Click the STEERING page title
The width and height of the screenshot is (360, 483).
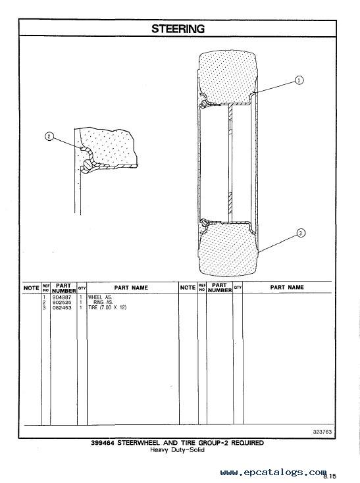coord(178,29)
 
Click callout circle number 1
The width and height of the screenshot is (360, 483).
coord(299,80)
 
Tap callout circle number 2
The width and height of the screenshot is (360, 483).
coord(49,136)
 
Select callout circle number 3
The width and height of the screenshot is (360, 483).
coord(301,233)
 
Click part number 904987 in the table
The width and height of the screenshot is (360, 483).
coord(62,297)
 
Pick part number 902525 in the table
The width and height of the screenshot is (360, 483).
coord(62,303)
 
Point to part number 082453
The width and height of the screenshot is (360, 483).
coord(62,307)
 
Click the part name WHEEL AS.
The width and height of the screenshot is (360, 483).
coord(100,297)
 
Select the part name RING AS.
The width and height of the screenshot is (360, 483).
coord(103,303)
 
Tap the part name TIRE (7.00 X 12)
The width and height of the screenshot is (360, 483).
coord(107,307)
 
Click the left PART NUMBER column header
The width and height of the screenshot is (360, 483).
coord(64,288)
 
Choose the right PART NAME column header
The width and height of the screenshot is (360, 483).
coord(287,287)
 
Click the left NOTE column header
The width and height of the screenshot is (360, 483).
coord(32,288)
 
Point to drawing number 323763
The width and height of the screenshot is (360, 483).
coord(322,432)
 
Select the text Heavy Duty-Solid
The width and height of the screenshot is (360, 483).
coord(177,449)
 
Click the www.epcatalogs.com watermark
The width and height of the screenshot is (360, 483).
coord(273,472)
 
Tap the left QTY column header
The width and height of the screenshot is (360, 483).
coord(82,288)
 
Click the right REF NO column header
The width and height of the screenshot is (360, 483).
coord(202,288)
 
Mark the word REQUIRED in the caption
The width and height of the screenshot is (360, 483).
coord(247,443)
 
